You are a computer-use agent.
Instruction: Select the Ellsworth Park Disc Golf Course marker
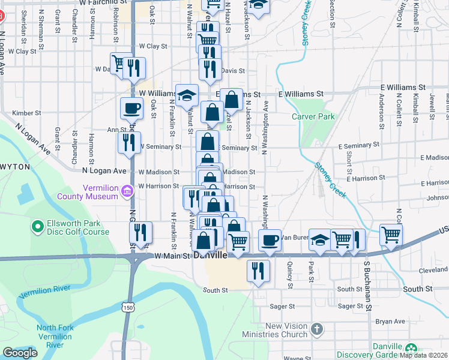pyautogui.click(x=37, y=226)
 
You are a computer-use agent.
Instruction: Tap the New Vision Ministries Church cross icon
pyautogui.click(x=318, y=329)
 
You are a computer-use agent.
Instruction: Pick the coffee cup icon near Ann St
pyautogui.click(x=132, y=109)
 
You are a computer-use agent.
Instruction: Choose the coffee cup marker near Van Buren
pyautogui.click(x=270, y=240)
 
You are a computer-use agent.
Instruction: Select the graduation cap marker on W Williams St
pyautogui.click(x=187, y=95)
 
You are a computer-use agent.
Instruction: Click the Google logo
pyautogui.click(x=20, y=353)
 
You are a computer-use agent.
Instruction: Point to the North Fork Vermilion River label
pyautogui.click(x=55, y=336)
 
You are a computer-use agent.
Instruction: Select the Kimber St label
pyautogui.click(x=26, y=113)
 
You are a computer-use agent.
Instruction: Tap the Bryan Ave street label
pyautogui.click(x=390, y=322)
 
